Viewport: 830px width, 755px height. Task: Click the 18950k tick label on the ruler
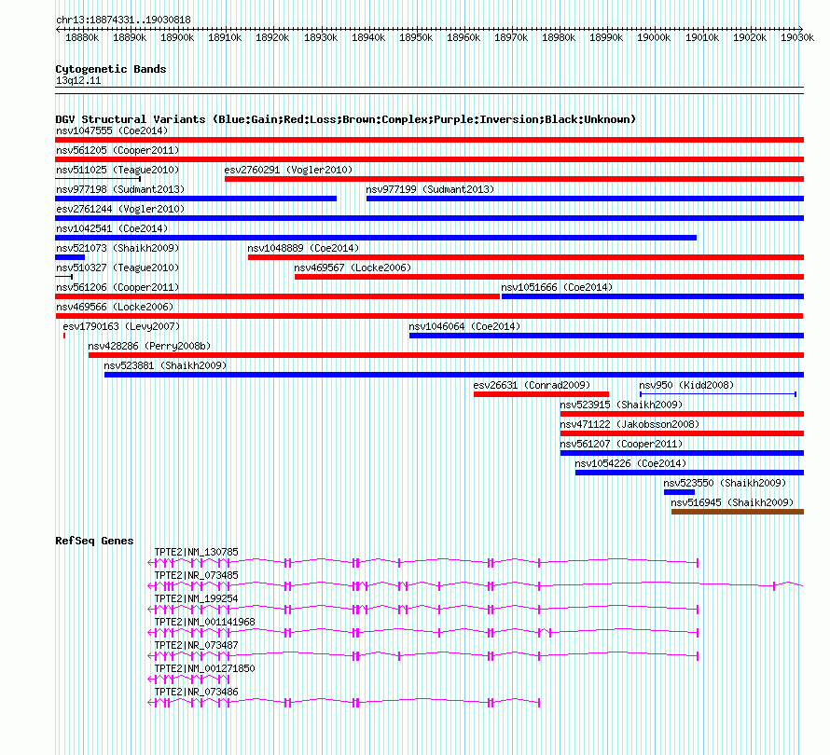point(416,38)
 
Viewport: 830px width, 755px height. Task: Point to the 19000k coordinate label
point(654,38)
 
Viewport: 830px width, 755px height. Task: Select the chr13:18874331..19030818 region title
point(123,20)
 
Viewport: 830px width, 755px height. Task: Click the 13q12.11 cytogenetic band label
point(78,81)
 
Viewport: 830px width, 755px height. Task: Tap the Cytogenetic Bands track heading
point(111,69)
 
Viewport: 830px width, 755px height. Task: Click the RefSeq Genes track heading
point(94,541)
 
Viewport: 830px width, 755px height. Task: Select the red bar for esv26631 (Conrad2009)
point(541,394)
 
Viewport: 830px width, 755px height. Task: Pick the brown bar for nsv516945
point(737,512)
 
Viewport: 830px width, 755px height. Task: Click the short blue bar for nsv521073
point(70,257)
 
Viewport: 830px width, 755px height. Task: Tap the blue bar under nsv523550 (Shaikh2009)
point(679,492)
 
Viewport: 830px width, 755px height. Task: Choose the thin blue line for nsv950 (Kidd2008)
point(717,394)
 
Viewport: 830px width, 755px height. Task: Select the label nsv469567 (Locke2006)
point(353,268)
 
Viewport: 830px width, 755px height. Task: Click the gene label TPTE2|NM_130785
point(196,552)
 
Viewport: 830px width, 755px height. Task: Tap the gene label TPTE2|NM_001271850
point(204,668)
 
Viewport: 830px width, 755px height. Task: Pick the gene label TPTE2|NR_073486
point(196,692)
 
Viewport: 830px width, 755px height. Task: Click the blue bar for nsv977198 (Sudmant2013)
point(196,199)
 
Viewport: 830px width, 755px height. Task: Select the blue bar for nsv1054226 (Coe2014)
point(689,473)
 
